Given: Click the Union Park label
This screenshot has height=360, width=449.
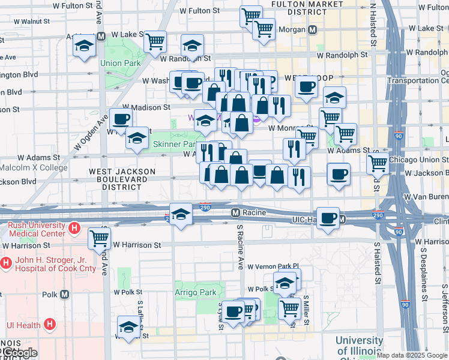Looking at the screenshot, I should [120, 63].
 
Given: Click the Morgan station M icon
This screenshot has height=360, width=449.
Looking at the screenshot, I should [312, 29].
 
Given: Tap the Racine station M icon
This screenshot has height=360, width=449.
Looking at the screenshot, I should [236, 212].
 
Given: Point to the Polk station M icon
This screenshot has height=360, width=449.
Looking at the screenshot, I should [64, 295].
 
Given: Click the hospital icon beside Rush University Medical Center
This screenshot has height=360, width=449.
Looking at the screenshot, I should [74, 228].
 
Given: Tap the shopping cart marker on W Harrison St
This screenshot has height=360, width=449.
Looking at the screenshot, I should [99, 238].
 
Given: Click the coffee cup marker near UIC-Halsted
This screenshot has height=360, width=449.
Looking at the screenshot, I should [328, 218].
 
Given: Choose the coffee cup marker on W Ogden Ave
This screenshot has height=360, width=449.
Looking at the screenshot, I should [121, 119].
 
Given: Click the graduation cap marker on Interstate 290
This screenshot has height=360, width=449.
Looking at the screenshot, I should [179, 214].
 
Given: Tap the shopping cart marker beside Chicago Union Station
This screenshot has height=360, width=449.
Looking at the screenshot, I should [378, 162].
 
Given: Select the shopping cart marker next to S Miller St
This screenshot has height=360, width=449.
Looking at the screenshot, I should [289, 308].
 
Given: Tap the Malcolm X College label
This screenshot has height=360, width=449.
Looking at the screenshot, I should [34, 167].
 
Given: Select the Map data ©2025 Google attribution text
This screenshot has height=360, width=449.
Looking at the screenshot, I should [412, 355].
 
